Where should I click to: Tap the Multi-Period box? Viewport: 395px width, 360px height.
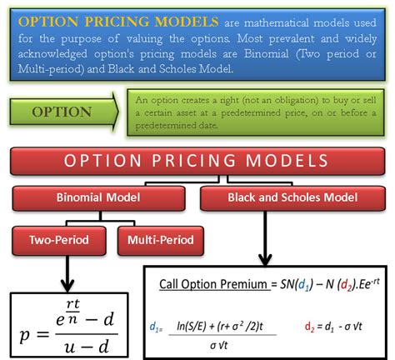click(160, 241)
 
